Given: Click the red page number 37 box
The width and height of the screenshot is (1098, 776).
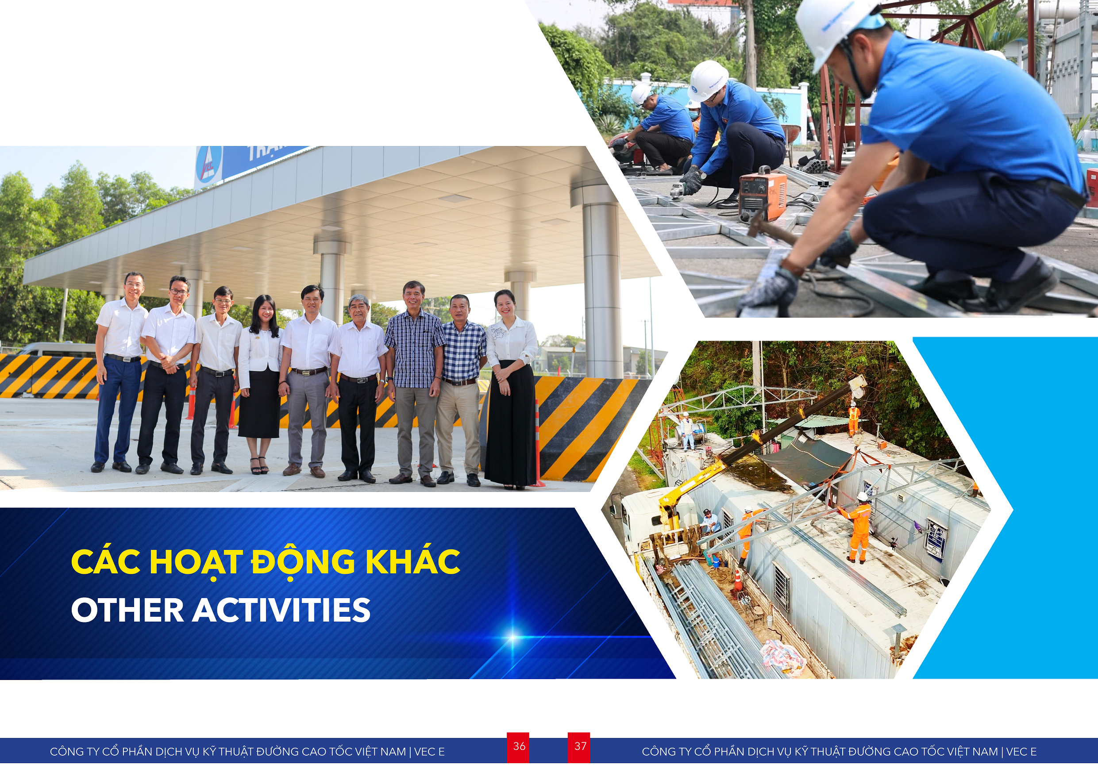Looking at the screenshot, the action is click(x=579, y=747).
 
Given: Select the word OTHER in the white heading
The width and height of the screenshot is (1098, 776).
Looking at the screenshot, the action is click(x=128, y=610).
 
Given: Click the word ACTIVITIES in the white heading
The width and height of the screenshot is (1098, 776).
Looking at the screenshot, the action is click(x=281, y=610).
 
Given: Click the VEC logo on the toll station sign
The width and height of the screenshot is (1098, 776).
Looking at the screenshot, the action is click(x=208, y=164).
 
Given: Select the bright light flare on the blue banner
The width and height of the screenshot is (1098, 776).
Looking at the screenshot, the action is click(x=512, y=638).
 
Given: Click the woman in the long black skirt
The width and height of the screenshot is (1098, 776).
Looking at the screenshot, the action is click(x=511, y=390).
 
